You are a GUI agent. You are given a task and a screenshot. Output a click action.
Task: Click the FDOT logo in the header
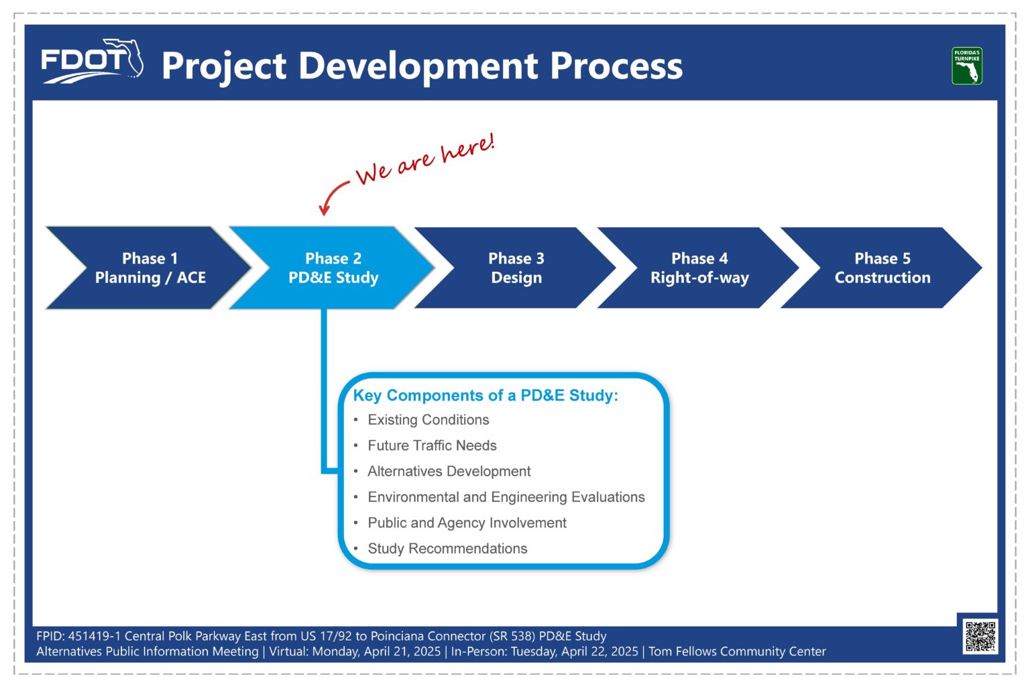92,61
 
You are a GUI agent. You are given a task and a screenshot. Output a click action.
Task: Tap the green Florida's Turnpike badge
967,66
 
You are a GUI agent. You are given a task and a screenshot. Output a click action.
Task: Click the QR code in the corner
980,637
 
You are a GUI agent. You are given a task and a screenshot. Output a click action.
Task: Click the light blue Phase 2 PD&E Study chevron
332,268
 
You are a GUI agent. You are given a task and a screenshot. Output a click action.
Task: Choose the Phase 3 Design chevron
516,268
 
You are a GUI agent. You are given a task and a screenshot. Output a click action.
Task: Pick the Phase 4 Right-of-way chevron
699,268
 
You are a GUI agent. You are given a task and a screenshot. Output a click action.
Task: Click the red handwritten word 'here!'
468,148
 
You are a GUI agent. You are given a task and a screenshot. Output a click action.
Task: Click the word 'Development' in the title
418,66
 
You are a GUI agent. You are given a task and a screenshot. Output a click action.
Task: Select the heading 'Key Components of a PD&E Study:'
485,395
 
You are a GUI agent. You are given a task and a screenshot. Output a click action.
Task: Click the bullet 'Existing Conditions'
428,420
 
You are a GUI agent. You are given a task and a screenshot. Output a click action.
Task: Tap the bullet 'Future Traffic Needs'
433,445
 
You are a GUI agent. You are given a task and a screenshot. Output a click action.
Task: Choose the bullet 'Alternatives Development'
449,471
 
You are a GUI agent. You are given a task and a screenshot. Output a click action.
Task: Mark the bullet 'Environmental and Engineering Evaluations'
506,497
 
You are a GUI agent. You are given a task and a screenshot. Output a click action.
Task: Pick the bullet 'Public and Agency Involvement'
467,523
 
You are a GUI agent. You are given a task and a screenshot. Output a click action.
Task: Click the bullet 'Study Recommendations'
447,549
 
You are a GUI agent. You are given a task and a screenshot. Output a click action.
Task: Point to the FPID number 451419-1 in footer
95,636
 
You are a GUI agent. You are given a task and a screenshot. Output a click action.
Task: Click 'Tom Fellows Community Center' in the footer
737,651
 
